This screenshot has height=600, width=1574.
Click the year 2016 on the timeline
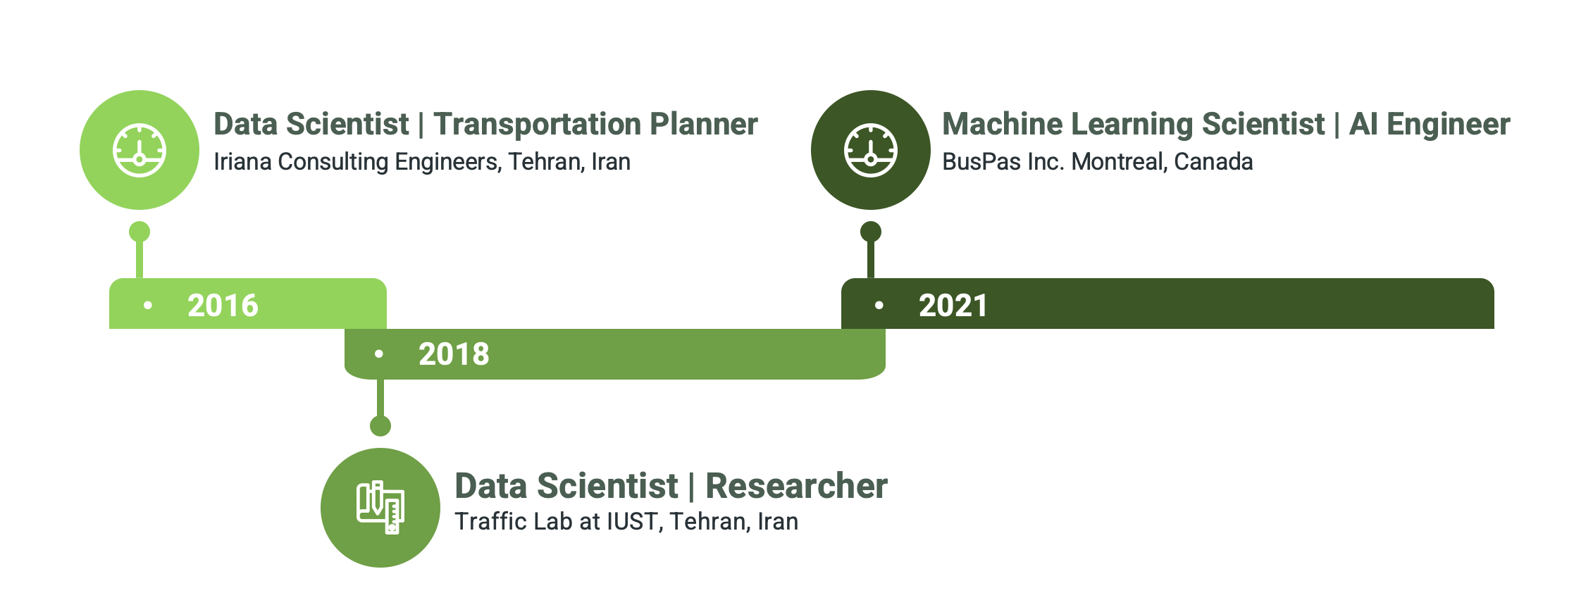pyautogui.click(x=223, y=305)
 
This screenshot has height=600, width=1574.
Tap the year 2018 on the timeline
pyautogui.click(x=454, y=354)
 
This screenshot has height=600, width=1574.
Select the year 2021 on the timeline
pyautogui.click(x=953, y=305)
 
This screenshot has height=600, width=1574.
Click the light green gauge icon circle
pyautogui.click(x=140, y=150)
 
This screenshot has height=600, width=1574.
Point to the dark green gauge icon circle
pyautogui.click(x=871, y=150)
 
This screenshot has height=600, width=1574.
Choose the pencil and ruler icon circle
pyautogui.click(x=380, y=508)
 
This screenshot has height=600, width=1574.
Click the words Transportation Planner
pyautogui.click(x=595, y=124)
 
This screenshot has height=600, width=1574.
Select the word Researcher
pyautogui.click(x=796, y=486)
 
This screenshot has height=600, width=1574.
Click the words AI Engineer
pyautogui.click(x=1430, y=124)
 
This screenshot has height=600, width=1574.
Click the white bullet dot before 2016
pyautogui.click(x=148, y=305)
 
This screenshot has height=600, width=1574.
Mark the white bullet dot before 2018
pyautogui.click(x=379, y=354)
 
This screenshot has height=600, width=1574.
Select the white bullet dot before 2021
pyautogui.click(x=879, y=305)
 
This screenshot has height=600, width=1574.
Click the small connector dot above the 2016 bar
pyautogui.click(x=140, y=232)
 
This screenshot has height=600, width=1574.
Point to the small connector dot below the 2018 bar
pyautogui.click(x=380, y=426)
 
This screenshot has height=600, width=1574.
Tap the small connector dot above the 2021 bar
pyautogui.click(x=871, y=232)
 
